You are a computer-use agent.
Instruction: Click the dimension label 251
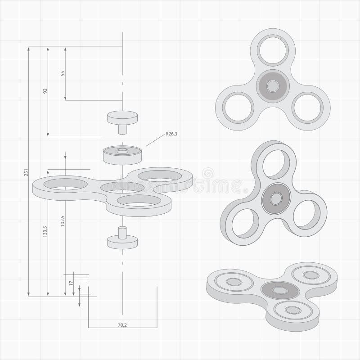26,173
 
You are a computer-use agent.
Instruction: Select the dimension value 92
45,91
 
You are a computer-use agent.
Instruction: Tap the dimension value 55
63,73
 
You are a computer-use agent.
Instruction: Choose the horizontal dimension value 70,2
122,324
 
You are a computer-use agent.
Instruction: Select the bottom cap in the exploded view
122,241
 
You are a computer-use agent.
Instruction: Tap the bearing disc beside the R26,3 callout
121,153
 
